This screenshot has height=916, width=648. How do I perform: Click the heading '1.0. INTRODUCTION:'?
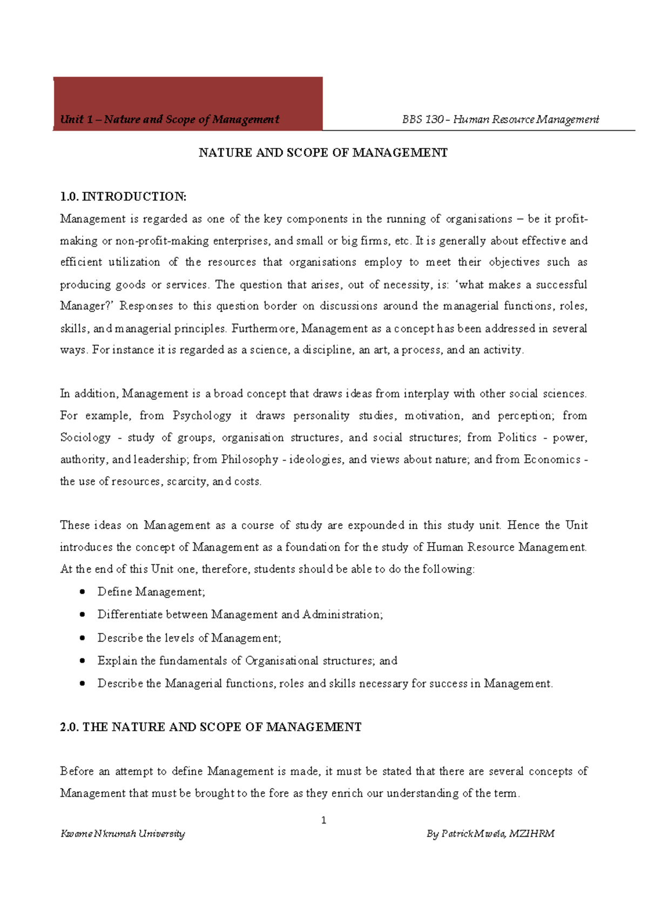[123, 197]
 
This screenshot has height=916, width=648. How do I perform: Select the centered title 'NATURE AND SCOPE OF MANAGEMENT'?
[323, 153]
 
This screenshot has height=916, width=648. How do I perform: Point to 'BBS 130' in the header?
[423, 119]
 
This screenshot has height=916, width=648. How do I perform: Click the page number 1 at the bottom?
[323, 820]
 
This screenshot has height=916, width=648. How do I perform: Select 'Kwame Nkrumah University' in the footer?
[123, 833]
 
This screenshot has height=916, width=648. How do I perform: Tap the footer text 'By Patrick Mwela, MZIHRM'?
[490, 833]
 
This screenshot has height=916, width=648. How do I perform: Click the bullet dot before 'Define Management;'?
[82, 592]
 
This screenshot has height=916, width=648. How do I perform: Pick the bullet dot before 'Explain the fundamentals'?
[82, 661]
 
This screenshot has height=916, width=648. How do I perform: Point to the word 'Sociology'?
[85, 437]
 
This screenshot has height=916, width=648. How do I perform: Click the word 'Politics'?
[517, 437]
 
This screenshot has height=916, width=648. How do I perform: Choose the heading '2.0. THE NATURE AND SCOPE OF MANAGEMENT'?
[211, 727]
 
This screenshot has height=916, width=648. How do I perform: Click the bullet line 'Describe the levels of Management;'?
[189, 638]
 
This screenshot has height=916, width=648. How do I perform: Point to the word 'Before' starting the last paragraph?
[77, 771]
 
